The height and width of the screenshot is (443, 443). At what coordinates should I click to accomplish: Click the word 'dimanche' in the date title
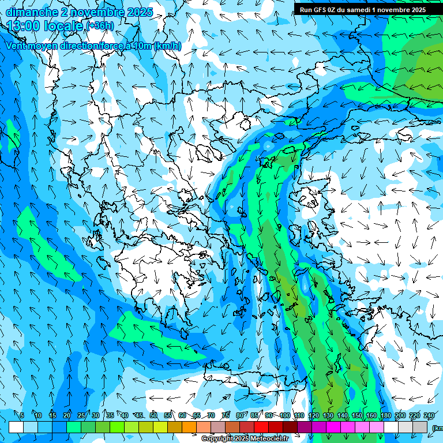pos(30,12)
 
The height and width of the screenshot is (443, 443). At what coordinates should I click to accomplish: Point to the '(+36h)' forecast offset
pos(100,26)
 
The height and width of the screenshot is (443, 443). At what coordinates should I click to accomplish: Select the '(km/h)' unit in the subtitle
pos(168,46)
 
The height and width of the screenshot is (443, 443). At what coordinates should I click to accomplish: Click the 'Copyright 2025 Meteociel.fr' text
pos(245,439)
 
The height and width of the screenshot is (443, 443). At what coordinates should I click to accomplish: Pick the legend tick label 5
pos(22,415)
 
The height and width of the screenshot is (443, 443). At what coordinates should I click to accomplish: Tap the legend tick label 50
pos(153,415)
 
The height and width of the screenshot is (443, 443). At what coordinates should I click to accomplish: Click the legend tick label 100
pos(285,415)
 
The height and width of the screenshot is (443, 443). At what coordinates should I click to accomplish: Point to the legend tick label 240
pos(429,415)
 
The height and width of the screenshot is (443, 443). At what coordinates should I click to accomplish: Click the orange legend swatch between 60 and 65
pos(189,427)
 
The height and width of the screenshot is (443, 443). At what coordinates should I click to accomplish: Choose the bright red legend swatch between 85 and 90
pos(261,427)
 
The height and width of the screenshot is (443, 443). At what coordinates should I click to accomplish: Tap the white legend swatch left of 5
pos(16,427)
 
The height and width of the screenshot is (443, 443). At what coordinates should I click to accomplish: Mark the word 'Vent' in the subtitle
pos(17,46)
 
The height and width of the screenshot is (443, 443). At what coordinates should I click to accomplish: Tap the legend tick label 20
pos(67,415)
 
